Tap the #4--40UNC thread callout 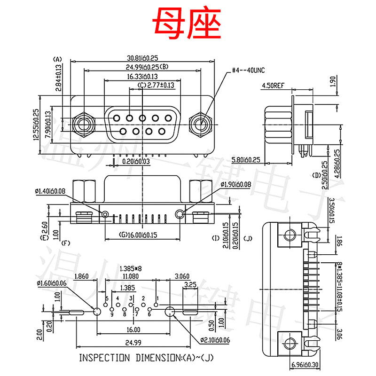(249, 70)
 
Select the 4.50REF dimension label (273, 86)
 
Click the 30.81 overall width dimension (141, 57)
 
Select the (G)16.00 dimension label (137, 235)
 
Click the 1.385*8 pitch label (131, 268)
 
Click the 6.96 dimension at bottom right (305, 365)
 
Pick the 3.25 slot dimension (190, 285)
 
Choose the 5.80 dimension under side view (247, 160)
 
